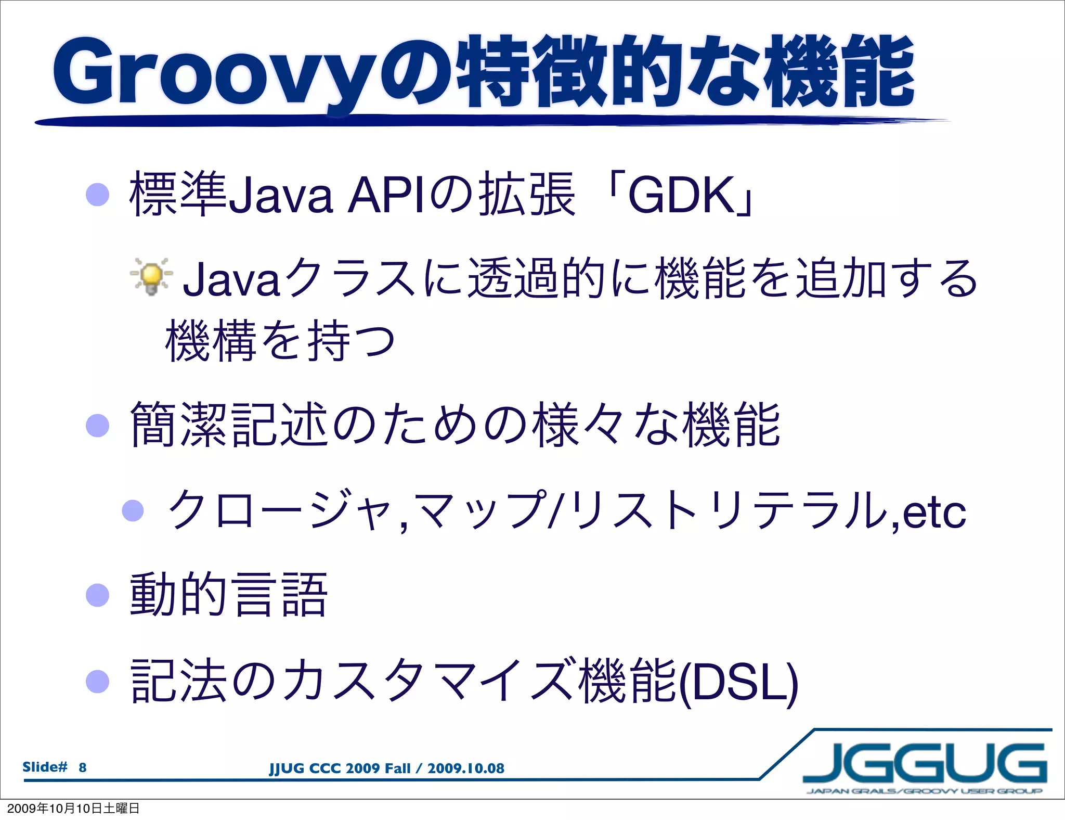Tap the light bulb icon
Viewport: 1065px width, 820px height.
(151, 277)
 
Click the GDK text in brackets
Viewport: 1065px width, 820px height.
(680, 196)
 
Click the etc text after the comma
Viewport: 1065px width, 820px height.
(934, 513)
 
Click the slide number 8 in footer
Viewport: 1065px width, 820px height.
(83, 767)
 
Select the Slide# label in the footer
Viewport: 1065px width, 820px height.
(45, 767)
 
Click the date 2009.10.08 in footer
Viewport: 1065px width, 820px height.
(465, 768)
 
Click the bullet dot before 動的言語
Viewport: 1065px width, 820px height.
(97, 595)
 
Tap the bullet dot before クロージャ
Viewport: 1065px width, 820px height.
(133, 510)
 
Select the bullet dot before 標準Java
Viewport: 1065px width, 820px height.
(97, 195)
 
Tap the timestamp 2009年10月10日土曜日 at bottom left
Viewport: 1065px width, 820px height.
(73, 808)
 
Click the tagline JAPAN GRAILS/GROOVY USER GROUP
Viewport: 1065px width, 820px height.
(924, 791)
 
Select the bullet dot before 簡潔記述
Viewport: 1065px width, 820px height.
(97, 425)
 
